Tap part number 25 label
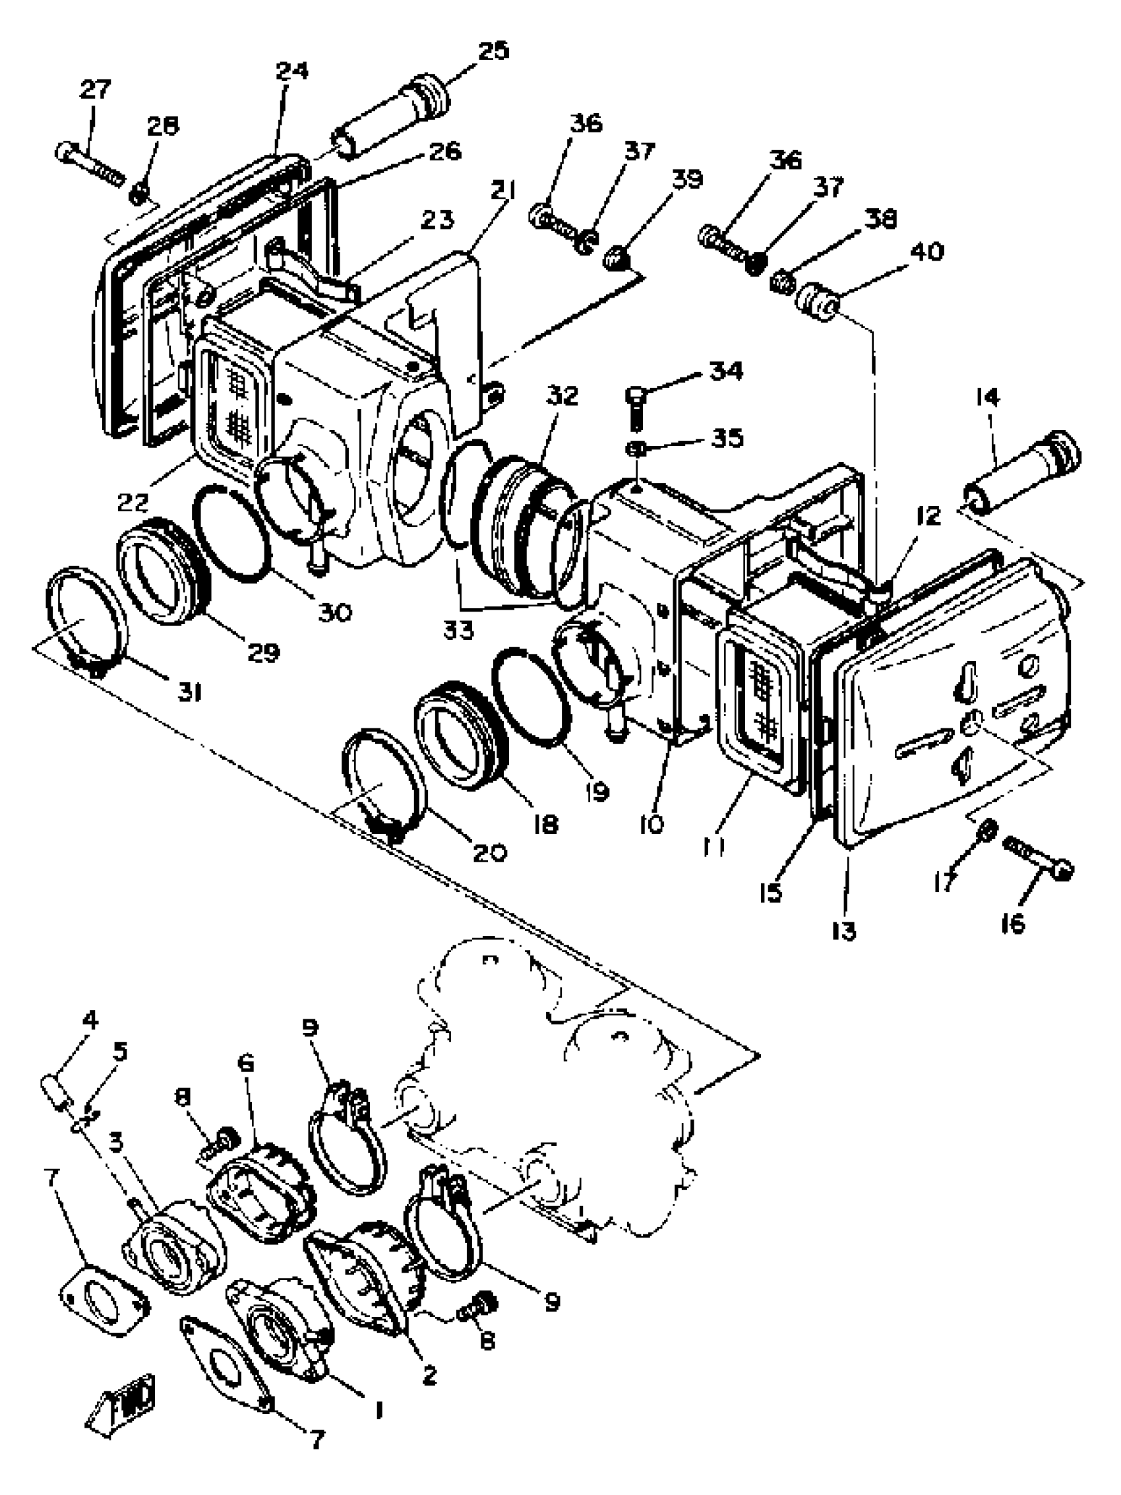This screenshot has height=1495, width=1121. pyautogui.click(x=493, y=51)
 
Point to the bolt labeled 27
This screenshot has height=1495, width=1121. pyautogui.click(x=89, y=160)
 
